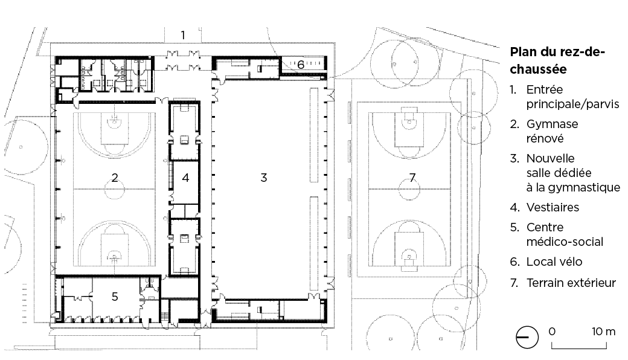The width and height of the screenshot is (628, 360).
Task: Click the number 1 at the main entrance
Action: point(183,35)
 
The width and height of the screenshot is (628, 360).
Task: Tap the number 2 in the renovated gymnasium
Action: point(115,178)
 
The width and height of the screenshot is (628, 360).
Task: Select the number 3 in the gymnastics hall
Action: point(263,178)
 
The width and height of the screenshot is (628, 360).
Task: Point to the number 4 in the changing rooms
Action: point(185,178)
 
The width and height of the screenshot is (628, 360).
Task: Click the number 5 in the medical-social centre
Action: point(115,297)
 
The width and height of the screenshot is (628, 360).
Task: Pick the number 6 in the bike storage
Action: point(300,65)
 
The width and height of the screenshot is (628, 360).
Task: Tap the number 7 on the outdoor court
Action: point(412,178)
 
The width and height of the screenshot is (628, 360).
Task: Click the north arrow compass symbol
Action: point(527,337)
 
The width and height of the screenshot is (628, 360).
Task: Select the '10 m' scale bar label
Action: point(604,332)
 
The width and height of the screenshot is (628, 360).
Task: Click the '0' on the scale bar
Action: point(552,332)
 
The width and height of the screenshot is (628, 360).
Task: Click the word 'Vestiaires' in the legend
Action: point(553,207)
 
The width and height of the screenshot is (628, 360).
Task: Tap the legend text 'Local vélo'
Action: point(554,262)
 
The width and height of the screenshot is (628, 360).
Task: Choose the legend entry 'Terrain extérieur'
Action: point(571,283)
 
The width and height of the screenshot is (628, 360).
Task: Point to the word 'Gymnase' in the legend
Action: point(553,124)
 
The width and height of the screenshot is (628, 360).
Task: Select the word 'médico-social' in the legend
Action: point(565,242)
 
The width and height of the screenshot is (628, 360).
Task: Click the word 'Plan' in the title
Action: point(522,52)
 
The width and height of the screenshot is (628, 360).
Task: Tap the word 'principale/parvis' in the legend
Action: point(572,104)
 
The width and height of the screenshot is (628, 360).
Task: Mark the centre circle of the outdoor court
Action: point(410,188)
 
